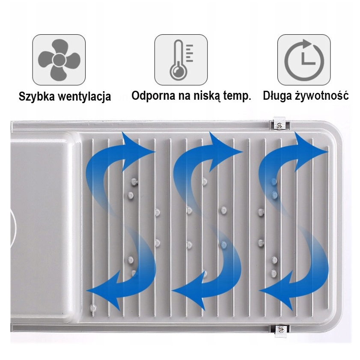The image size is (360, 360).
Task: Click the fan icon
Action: [59, 60]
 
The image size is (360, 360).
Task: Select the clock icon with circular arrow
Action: [304, 59]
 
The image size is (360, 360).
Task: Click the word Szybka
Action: [36, 96]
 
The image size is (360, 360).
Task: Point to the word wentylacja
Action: [84, 96]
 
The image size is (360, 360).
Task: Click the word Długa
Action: [277, 95]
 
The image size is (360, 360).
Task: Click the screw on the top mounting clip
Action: [279, 125]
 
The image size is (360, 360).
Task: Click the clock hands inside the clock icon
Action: [306, 58]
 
